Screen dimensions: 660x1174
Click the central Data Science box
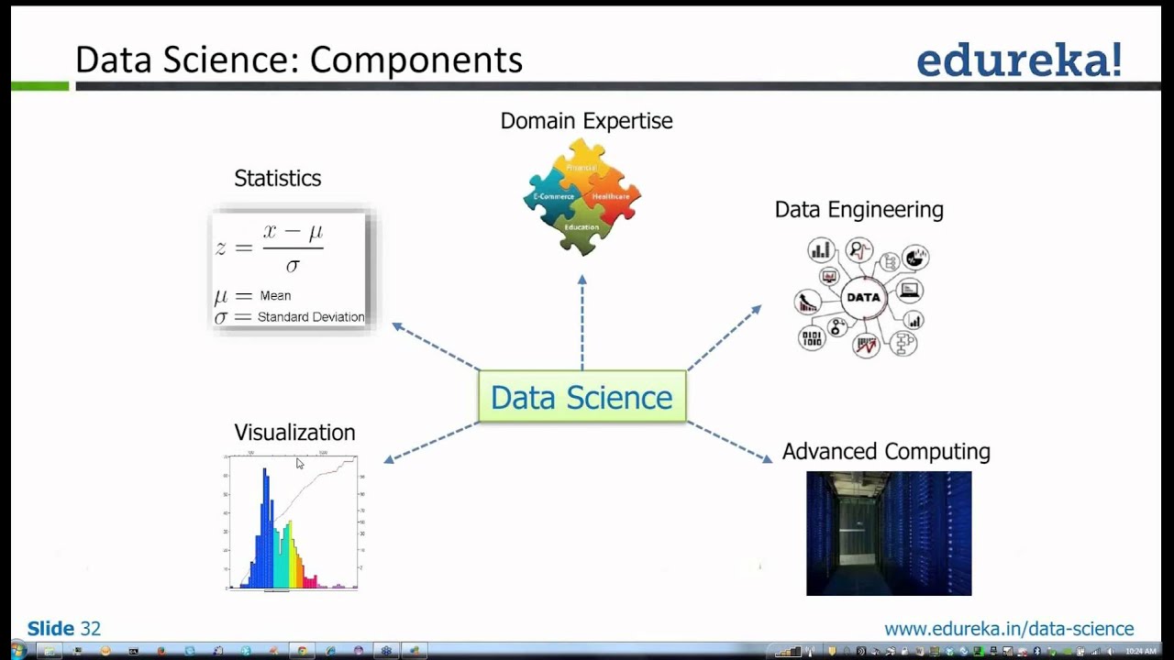point(581,397)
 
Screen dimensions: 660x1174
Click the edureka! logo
point(1018,60)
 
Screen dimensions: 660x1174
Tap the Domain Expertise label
point(586,121)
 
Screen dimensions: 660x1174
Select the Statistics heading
point(277,178)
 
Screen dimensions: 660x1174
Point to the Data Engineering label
point(858,209)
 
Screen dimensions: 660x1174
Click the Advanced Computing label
point(885,451)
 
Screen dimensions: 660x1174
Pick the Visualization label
point(294,432)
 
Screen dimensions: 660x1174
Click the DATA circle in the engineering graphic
point(863,297)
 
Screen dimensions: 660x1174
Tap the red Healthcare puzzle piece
point(613,197)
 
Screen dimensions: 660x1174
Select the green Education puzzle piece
point(581,229)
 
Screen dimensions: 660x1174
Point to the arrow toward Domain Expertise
point(581,321)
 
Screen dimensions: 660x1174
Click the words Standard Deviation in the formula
point(310,317)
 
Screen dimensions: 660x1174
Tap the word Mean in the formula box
point(275,295)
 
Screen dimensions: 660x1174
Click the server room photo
point(888,533)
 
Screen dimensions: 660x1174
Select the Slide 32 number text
point(64,629)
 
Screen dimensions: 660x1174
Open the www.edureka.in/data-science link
point(1008,629)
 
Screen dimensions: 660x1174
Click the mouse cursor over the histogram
point(299,464)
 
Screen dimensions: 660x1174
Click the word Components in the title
point(415,60)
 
